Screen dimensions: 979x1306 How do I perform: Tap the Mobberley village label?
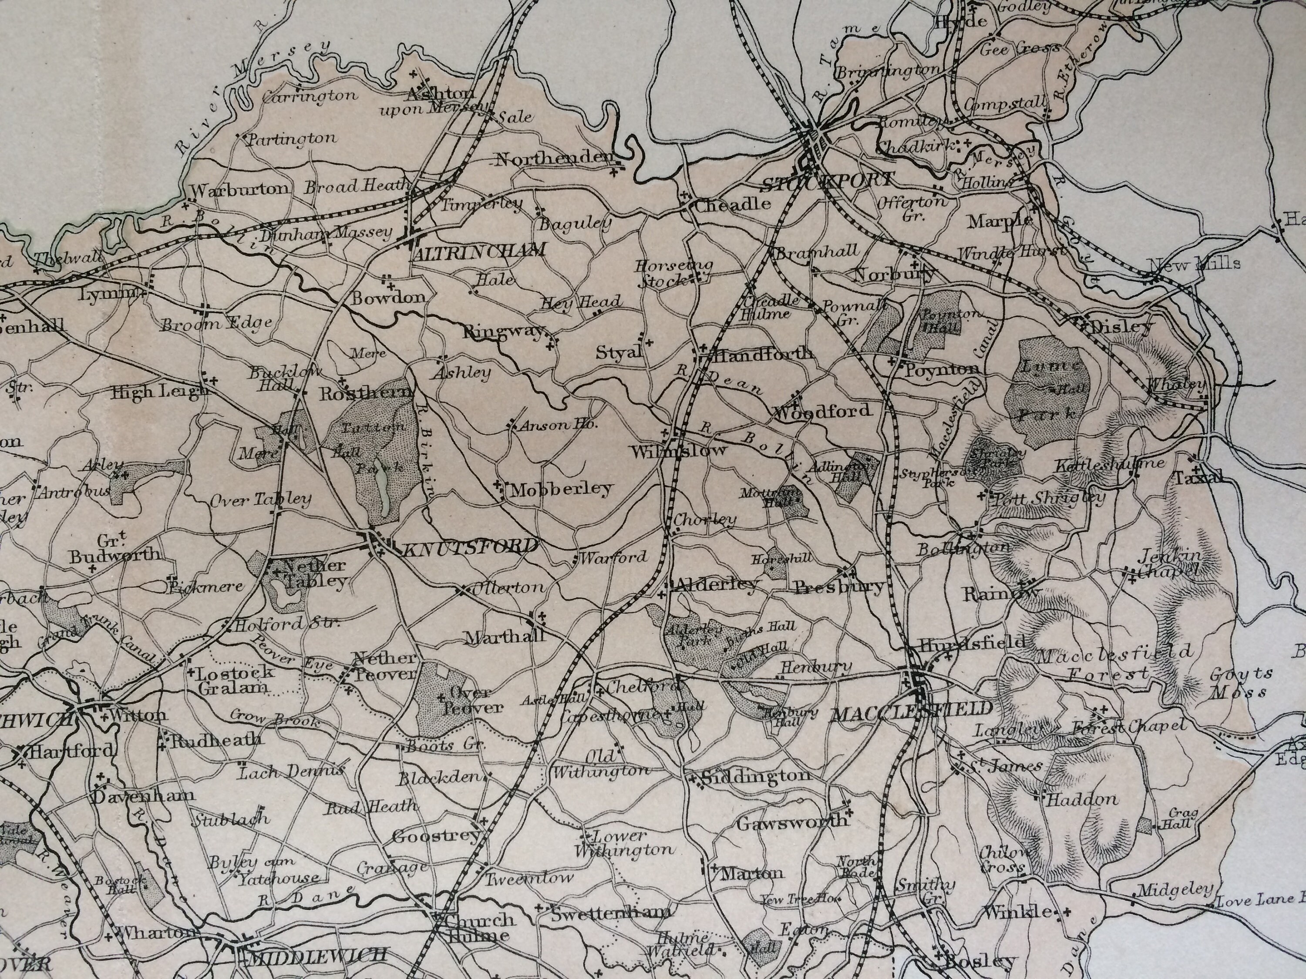click(x=562, y=489)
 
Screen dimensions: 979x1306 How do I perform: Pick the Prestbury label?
click(x=840, y=587)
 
